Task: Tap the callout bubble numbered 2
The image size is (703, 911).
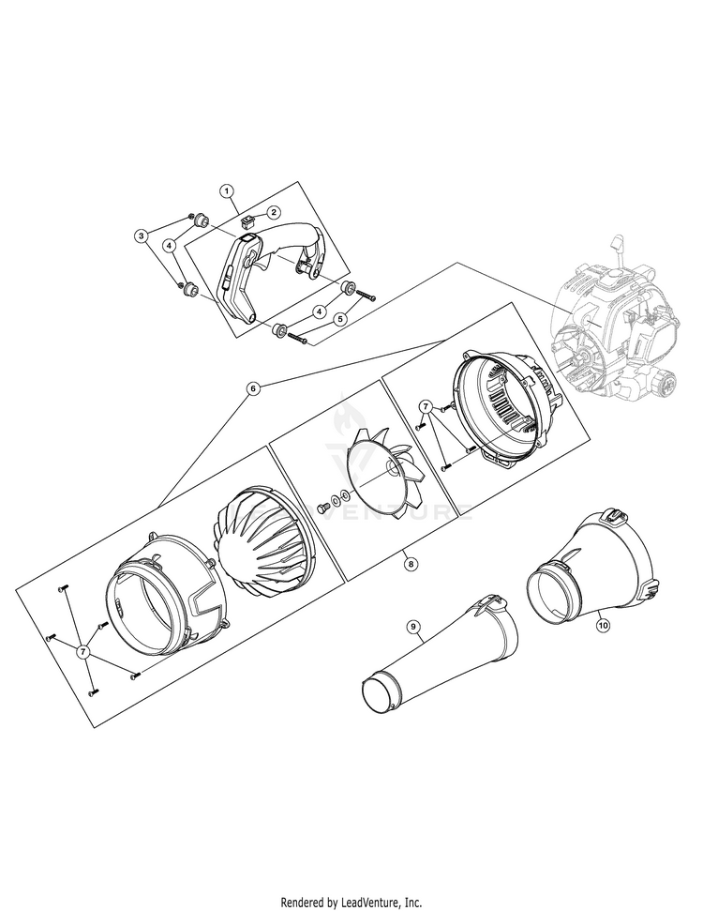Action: (x=274, y=213)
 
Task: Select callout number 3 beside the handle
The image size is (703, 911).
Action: (x=141, y=235)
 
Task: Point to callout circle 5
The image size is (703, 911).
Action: (x=340, y=318)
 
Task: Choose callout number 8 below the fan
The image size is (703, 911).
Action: (x=411, y=563)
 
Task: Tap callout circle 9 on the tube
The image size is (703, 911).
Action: (x=412, y=627)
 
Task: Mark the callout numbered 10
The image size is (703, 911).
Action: (x=603, y=625)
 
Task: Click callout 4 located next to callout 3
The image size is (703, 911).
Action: (x=170, y=247)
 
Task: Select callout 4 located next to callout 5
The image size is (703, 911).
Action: (x=318, y=312)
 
